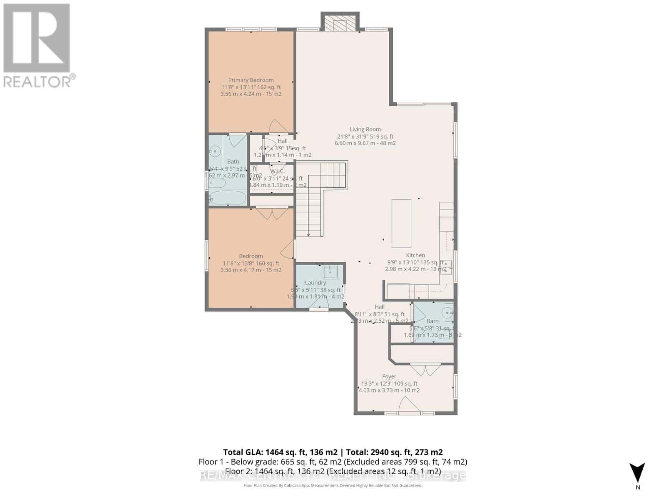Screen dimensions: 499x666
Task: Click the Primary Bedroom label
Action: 251,80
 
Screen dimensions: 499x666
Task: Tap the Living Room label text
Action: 365,129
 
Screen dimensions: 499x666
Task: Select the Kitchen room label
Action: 415,255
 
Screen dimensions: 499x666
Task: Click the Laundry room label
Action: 315,283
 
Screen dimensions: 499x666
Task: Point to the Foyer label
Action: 389,377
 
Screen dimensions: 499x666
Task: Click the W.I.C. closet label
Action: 277,171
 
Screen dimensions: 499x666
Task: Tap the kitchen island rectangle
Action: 401,223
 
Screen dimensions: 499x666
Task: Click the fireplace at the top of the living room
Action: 339,24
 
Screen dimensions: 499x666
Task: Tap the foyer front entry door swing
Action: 406,405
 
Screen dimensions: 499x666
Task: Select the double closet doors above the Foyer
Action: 425,369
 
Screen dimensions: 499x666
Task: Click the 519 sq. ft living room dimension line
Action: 365,136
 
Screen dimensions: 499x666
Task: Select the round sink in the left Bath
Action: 215,152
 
